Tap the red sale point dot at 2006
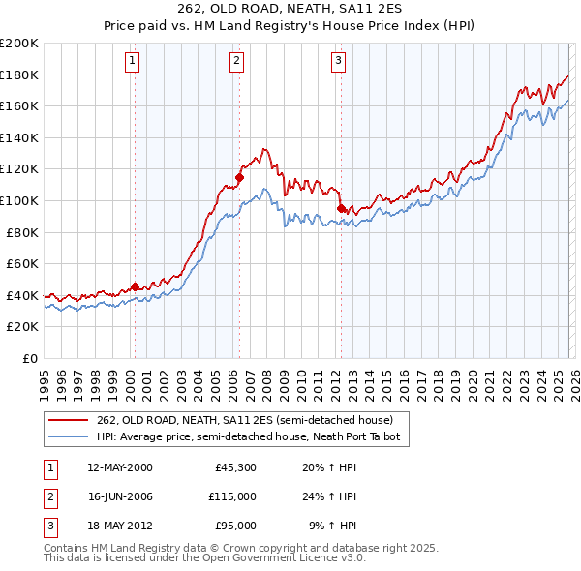(239, 177)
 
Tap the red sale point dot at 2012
(341, 208)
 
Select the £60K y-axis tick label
(22, 263)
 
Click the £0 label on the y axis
(30, 358)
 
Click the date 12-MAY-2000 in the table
(119, 468)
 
